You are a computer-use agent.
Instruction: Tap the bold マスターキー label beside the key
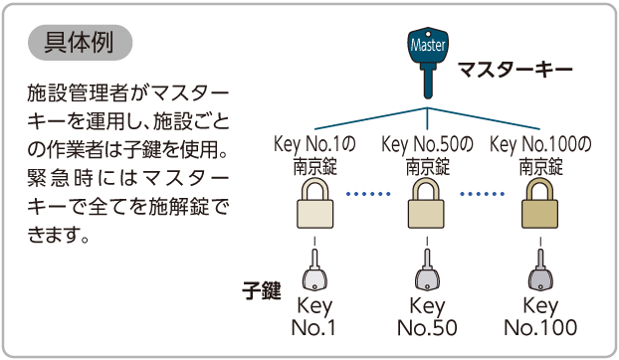point(516,70)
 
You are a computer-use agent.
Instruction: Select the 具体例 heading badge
point(80,43)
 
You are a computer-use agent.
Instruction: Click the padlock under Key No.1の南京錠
point(314,203)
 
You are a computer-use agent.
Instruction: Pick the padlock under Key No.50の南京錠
point(426,203)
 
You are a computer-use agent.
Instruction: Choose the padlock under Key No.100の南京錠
point(539,203)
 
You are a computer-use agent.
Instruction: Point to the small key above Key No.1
point(314,270)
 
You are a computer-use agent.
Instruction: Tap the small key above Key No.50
point(427,270)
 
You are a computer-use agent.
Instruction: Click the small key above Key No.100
point(540,270)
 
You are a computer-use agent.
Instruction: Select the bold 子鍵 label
point(262,291)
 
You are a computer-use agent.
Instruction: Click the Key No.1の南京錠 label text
point(314,155)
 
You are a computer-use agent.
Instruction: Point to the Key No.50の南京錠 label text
point(427,155)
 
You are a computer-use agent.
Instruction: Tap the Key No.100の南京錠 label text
point(540,155)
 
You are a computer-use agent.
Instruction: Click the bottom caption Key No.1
point(314,316)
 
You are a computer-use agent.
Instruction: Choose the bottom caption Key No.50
point(427,316)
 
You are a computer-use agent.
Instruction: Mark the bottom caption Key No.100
point(540,316)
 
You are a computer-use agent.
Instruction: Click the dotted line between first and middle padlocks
point(368,194)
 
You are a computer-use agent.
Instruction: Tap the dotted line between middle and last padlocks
point(483,194)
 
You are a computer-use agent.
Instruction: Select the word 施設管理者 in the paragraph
point(78,93)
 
